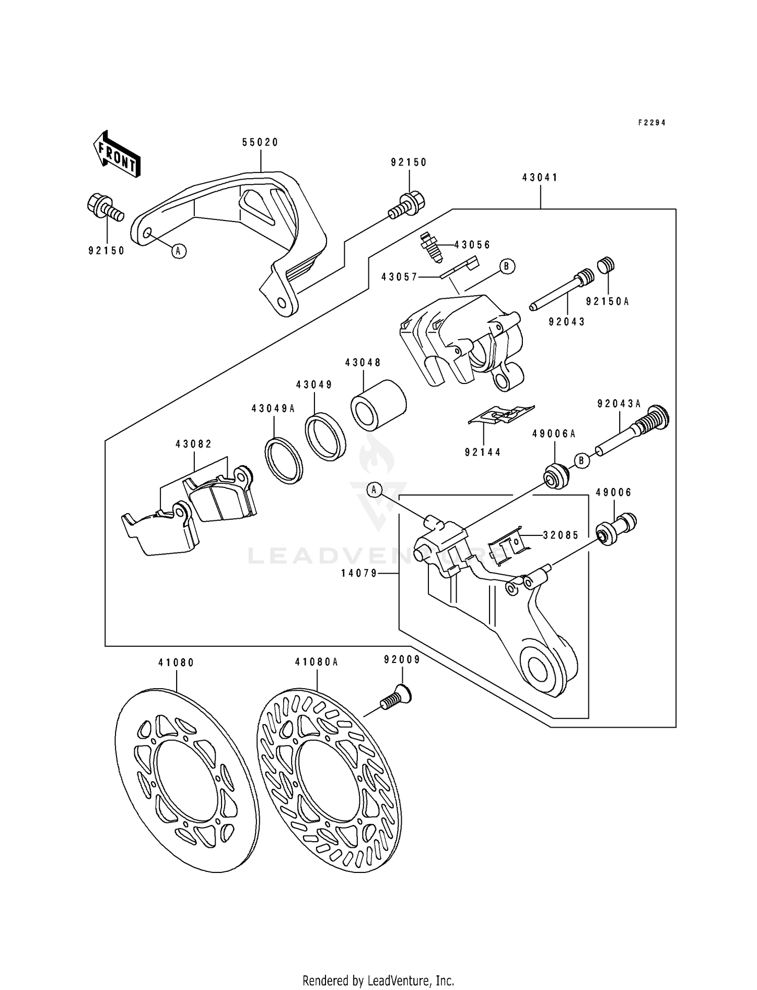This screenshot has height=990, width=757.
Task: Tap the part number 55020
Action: coord(260,143)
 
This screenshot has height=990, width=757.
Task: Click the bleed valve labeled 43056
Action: coord(431,246)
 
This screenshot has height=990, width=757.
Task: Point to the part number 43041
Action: coord(540,178)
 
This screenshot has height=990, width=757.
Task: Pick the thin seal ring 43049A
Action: coord(284,461)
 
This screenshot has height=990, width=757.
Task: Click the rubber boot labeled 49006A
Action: coord(556,475)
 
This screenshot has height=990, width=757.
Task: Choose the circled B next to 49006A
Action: coord(581,460)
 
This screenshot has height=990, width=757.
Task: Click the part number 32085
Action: coord(561,535)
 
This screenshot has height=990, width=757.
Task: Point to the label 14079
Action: coord(359,573)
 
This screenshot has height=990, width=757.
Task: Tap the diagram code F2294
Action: coord(652,123)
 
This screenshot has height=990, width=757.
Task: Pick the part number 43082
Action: coord(194,444)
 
